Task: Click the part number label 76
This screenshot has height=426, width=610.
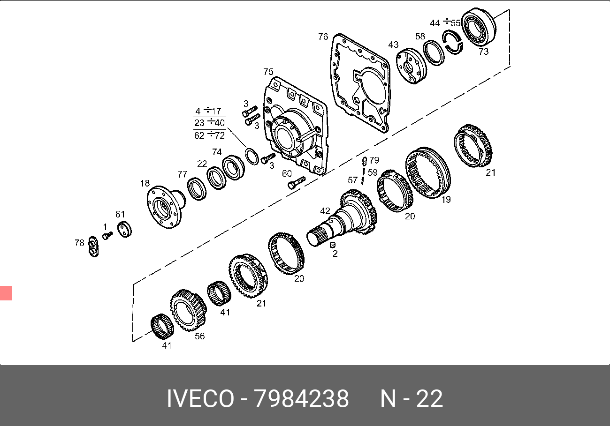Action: point(323,37)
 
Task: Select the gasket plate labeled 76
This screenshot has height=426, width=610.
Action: point(335,82)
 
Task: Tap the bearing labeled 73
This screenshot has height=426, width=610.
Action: point(480,27)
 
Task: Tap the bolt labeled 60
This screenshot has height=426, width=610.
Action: point(297,183)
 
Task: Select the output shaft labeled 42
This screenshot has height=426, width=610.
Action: point(343,217)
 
